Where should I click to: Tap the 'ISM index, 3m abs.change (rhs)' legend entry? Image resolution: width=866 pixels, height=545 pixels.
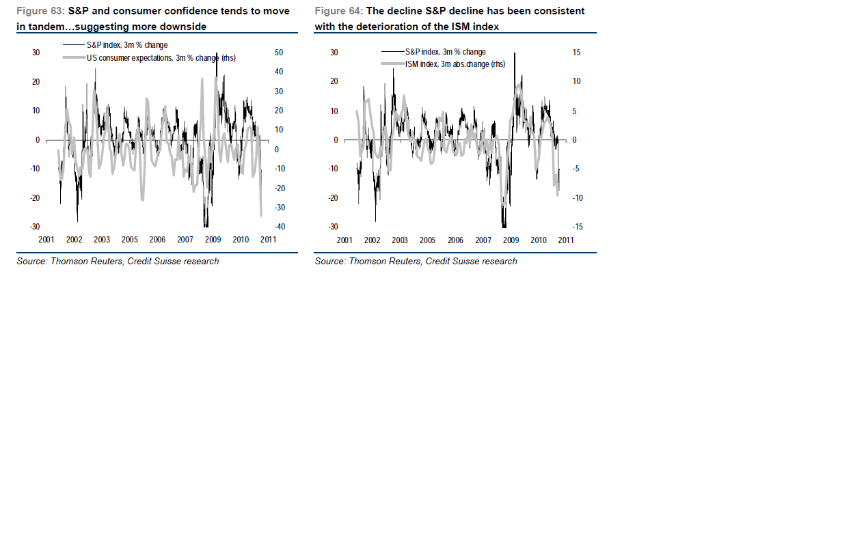[455, 64]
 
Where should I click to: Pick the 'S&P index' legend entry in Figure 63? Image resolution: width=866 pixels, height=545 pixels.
[126, 45]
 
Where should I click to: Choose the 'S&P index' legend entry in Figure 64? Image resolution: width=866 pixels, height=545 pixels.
[445, 52]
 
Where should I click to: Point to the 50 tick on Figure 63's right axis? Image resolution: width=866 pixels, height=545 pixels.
[279, 53]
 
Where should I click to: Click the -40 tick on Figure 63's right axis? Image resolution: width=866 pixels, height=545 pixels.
[278, 227]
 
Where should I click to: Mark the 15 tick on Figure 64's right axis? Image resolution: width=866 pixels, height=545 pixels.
[576, 53]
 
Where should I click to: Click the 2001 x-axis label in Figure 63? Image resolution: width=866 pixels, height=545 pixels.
[46, 240]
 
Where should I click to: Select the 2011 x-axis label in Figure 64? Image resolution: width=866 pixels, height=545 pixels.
[566, 240]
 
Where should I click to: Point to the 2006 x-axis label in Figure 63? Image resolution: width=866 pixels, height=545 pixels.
[157, 240]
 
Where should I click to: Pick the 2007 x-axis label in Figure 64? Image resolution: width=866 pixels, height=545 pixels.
[483, 240]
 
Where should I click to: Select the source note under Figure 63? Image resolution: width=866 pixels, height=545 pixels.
[118, 261]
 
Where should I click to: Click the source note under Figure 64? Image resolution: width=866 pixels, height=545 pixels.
[416, 261]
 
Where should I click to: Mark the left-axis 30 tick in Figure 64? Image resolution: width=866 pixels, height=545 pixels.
[334, 53]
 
